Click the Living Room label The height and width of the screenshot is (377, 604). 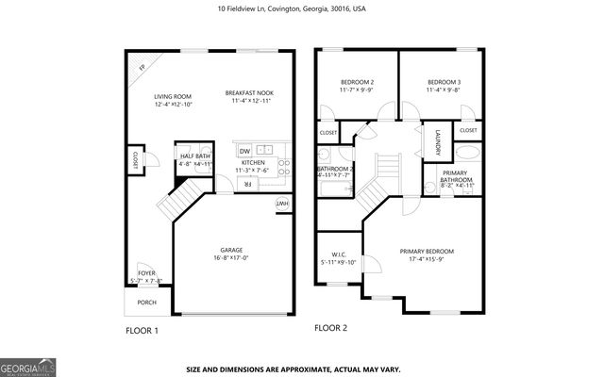click(x=173, y=96)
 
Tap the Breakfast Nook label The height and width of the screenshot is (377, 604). click(x=248, y=92)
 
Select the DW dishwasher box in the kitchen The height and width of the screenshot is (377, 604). click(x=244, y=151)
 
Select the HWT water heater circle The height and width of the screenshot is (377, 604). click(x=281, y=204)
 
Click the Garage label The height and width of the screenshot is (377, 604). click(x=231, y=251)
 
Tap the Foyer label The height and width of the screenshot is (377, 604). click(x=145, y=273)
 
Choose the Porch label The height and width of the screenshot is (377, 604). click(x=147, y=303)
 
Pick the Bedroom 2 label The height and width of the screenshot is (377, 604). click(x=357, y=83)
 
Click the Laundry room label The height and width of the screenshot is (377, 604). click(x=438, y=143)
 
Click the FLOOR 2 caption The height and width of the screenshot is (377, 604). click(x=331, y=329)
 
